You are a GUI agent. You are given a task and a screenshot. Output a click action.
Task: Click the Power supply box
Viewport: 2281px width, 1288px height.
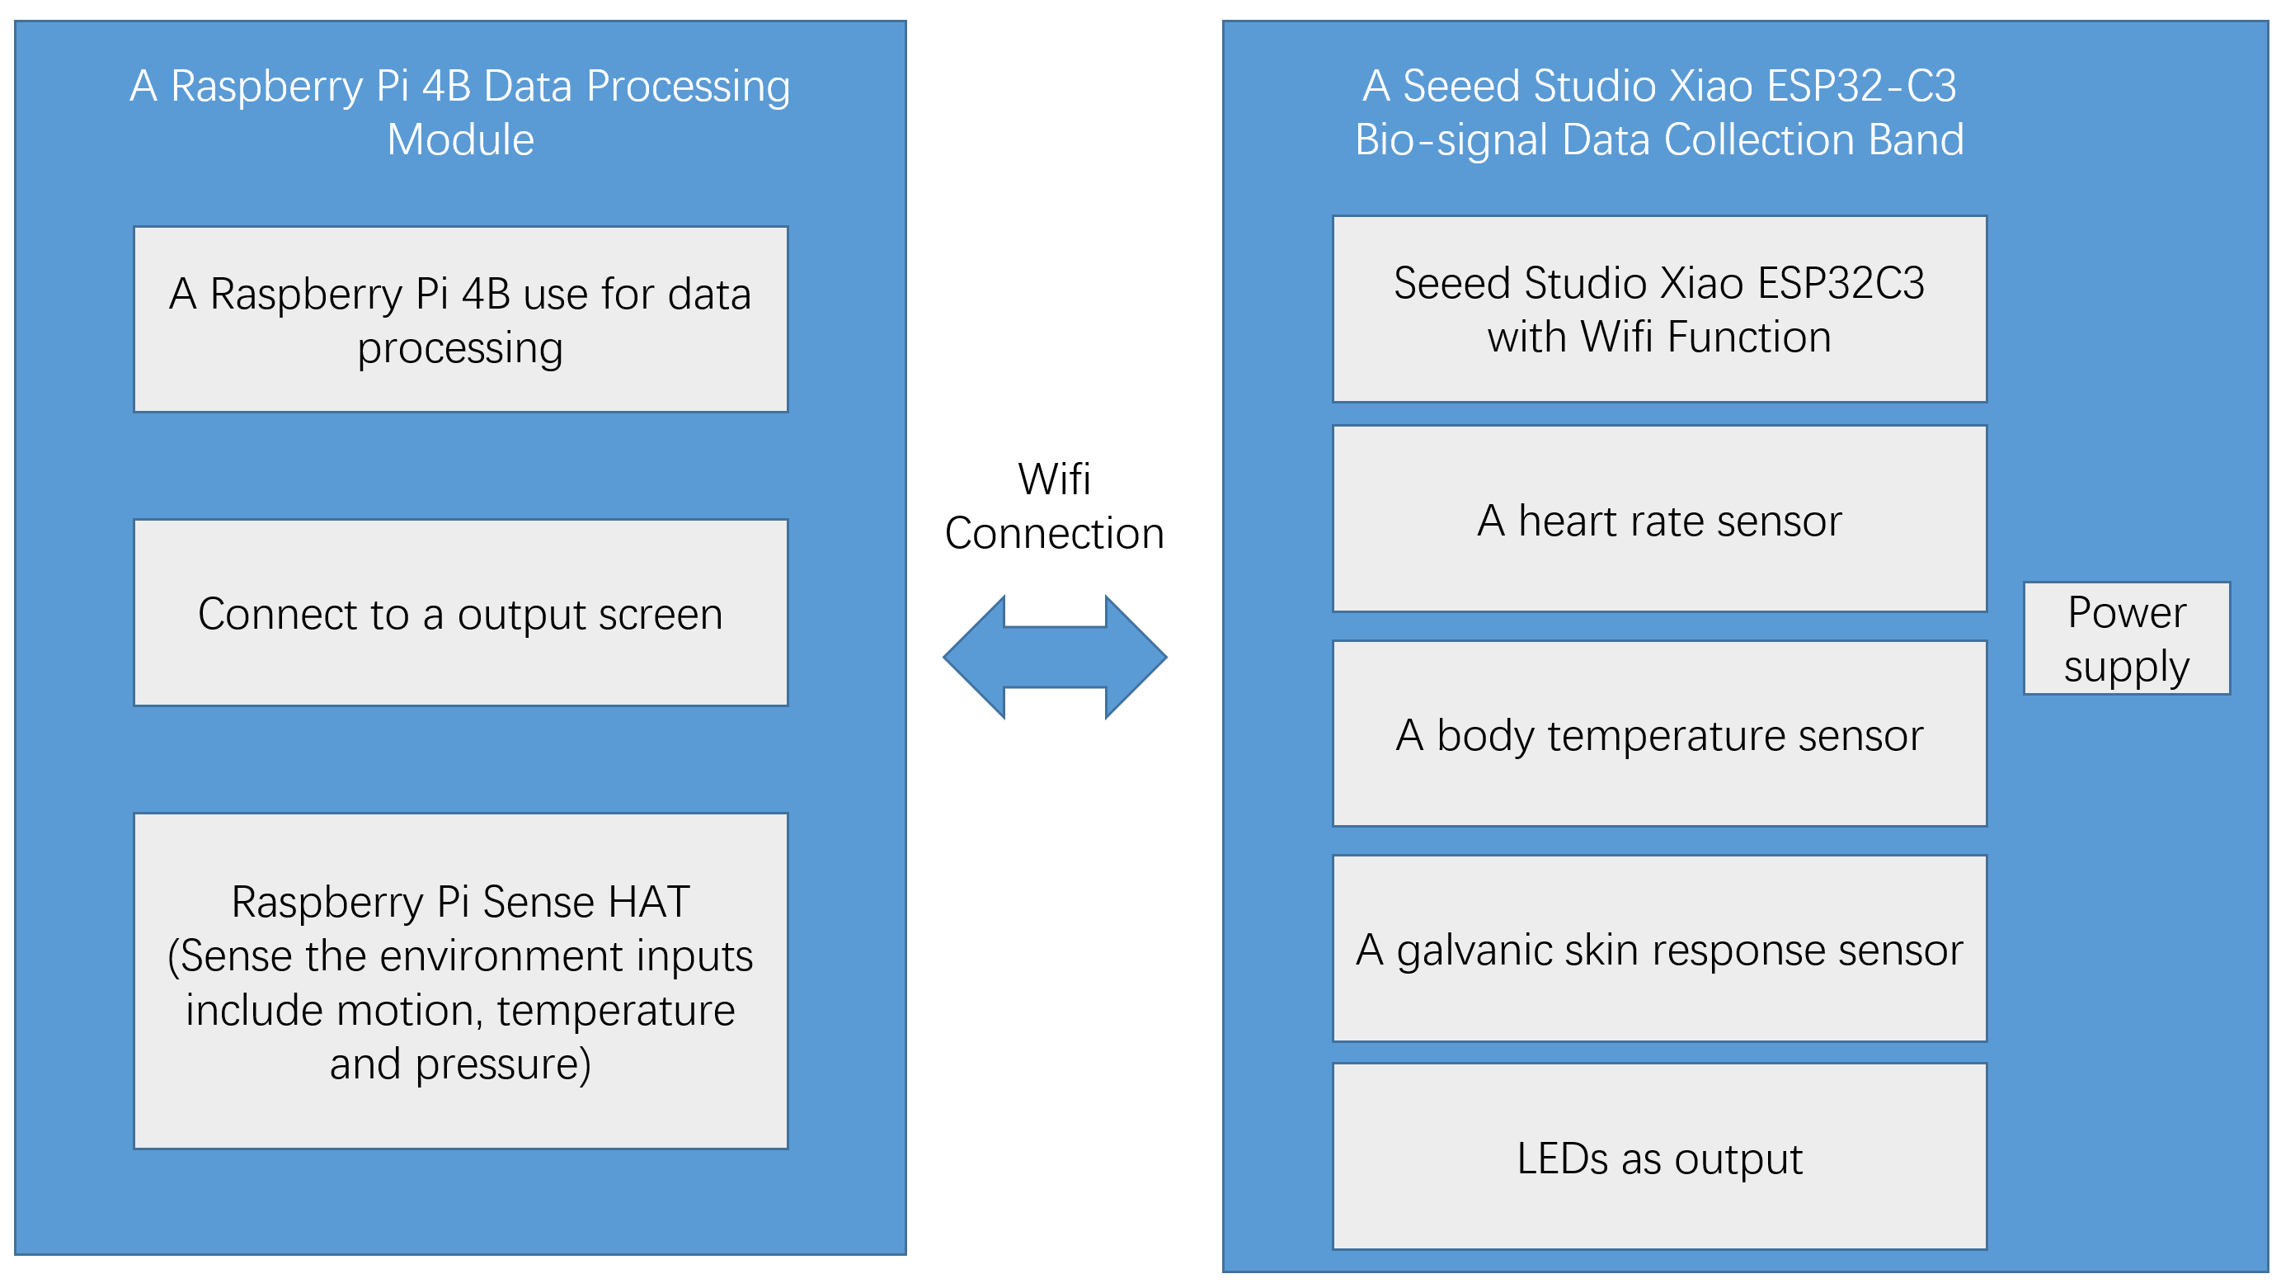[2126, 638]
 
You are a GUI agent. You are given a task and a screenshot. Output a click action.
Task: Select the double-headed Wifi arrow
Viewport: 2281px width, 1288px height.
[1055, 658]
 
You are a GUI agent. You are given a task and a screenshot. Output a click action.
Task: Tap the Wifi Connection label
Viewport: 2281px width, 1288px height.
[1055, 506]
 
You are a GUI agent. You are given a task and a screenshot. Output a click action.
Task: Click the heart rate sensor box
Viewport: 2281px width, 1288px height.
[1659, 519]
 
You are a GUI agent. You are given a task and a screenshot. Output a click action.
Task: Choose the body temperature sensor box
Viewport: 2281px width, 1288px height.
[1659, 734]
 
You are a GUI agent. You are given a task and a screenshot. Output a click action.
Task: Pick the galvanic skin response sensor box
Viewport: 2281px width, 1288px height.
[1659, 949]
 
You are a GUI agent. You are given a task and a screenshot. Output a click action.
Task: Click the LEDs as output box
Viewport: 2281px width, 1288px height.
[1659, 1157]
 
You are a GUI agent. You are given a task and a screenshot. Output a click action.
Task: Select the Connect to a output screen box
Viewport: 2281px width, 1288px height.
[460, 613]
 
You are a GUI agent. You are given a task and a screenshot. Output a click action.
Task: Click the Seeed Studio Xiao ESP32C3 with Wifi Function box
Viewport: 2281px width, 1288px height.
[1659, 309]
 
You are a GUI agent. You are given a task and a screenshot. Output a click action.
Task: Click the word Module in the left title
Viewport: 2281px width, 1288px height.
[460, 140]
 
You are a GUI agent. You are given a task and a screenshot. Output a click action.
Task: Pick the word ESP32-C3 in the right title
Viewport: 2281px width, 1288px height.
[1861, 86]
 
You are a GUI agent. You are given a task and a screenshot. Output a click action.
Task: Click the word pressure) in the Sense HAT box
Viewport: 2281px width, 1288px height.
[503, 1064]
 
